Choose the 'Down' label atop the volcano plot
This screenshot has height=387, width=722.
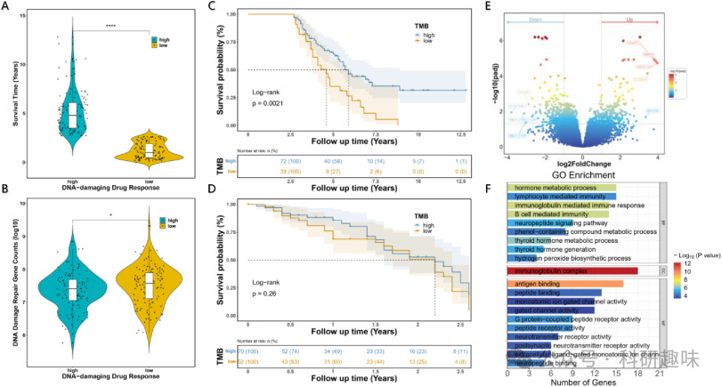click(538, 18)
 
